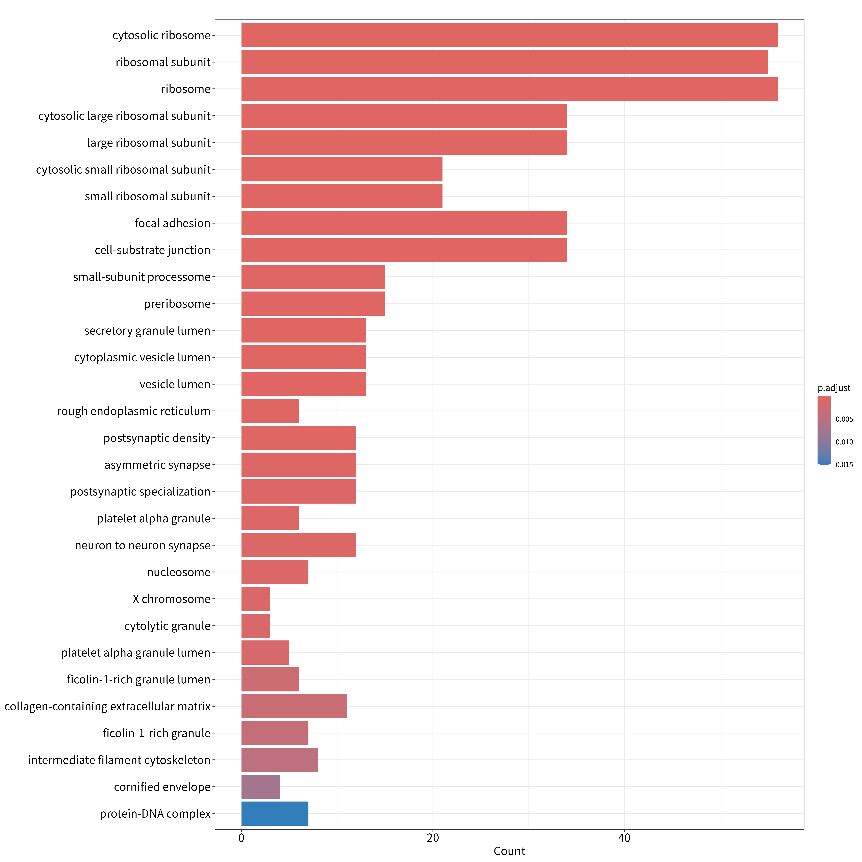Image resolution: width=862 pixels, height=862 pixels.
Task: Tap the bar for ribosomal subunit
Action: click(505, 62)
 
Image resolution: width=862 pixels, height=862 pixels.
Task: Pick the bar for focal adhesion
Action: click(404, 223)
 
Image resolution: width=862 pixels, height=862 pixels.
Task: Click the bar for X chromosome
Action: click(256, 599)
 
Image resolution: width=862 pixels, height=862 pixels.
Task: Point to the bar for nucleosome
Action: click(275, 572)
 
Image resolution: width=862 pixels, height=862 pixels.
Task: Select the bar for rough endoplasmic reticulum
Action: click(270, 411)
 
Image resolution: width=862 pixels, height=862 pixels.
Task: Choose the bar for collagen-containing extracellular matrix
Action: click(294, 706)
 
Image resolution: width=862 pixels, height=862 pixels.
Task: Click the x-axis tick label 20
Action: click(433, 838)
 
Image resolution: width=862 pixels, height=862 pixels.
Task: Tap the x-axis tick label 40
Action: click(624, 838)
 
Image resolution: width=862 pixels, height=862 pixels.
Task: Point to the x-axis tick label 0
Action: click(241, 838)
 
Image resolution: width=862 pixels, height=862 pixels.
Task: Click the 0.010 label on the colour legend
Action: click(844, 442)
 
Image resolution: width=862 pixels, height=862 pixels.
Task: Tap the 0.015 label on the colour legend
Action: click(844, 464)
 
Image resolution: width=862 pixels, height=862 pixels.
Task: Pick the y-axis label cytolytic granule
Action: click(167, 626)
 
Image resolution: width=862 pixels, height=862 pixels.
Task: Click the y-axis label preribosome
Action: click(177, 304)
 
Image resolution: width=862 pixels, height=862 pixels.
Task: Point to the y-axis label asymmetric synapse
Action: click(157, 465)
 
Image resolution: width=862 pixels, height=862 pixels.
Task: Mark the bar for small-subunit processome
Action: click(313, 277)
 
